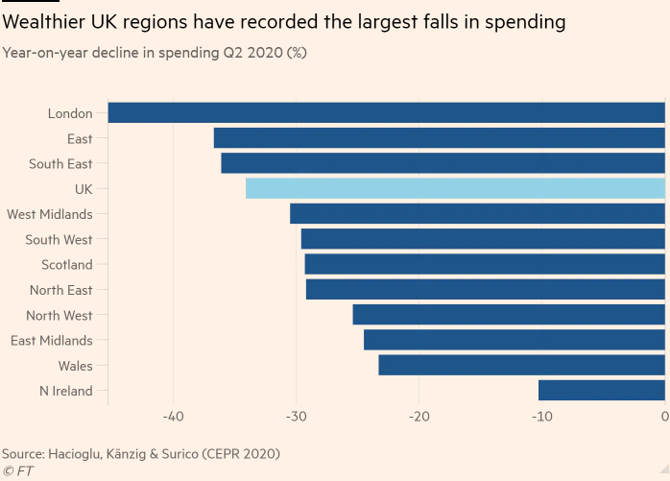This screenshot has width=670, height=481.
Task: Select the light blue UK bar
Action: [455, 189]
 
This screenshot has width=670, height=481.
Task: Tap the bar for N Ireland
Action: [602, 391]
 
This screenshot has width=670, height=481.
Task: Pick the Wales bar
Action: [521, 366]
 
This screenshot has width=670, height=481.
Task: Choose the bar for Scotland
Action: [485, 265]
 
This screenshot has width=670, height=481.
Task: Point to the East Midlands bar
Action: [514, 340]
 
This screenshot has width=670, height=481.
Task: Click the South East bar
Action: [443, 164]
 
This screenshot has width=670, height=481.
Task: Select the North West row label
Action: [60, 316]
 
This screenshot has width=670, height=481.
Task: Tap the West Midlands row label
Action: [50, 215]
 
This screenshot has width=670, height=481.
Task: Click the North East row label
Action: [61, 290]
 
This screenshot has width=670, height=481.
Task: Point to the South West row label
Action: [60, 240]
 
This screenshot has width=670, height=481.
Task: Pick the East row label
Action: [80, 139]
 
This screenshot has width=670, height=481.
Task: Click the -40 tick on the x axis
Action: [173, 418]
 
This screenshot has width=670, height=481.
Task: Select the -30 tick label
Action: [296, 418]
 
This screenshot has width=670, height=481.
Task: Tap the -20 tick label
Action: [419, 418]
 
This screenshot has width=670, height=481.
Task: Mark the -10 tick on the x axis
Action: [541, 418]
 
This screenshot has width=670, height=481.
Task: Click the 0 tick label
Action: [664, 418]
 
